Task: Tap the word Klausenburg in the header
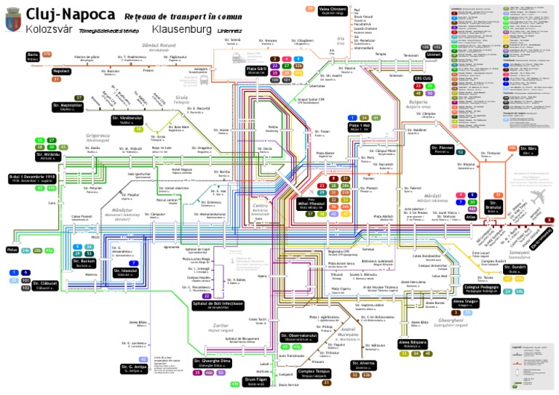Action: [181, 30]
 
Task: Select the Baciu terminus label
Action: [32, 55]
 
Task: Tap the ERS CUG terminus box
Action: [423, 78]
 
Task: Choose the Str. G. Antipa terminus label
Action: [132, 369]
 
